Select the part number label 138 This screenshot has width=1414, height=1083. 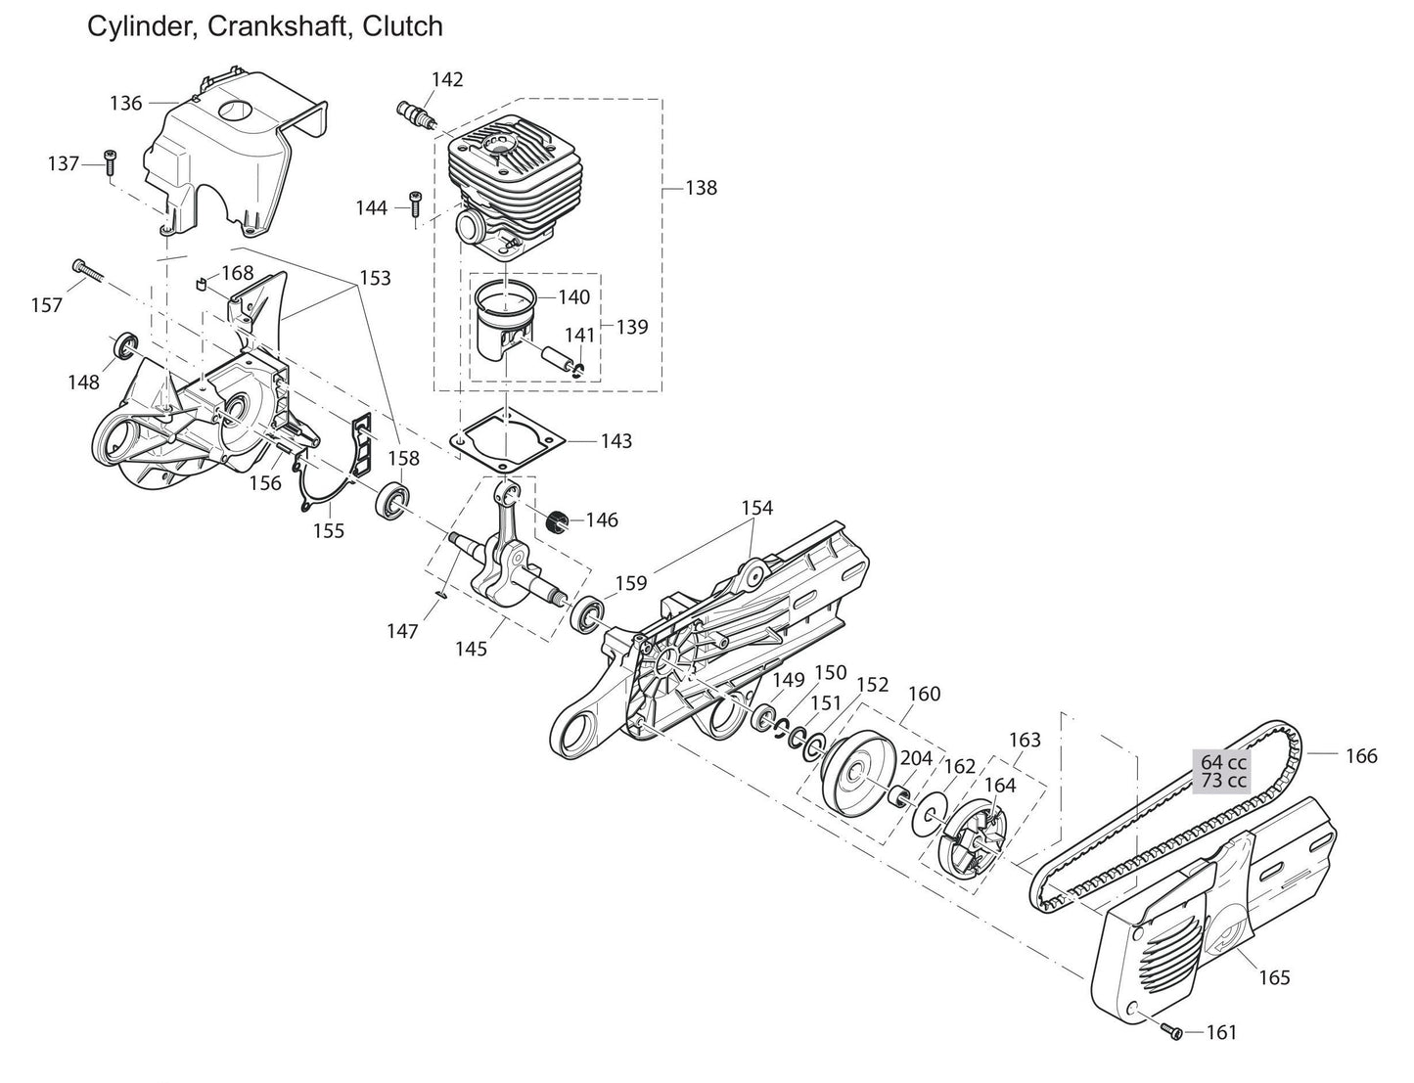[x=701, y=188]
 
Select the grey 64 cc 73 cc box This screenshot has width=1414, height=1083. [x=1223, y=771]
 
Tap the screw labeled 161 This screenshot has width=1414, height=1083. [x=1172, y=1031]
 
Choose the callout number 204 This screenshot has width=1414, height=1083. [x=916, y=758]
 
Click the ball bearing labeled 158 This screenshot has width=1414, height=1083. [x=392, y=500]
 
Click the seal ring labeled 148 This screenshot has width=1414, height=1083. [x=125, y=345]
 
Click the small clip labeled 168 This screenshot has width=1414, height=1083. [x=201, y=285]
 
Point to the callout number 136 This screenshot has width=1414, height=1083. [x=126, y=103]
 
